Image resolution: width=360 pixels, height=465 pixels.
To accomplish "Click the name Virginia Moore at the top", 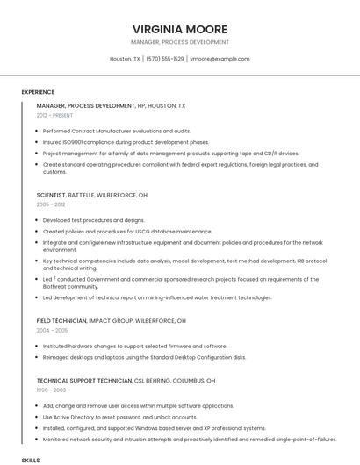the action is tap(179, 29).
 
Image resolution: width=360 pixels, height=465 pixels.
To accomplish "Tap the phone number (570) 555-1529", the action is tap(164, 59).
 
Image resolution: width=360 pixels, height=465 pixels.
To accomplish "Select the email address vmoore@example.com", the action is tap(220, 59).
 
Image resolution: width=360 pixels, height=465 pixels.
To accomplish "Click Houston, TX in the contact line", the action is tap(125, 59).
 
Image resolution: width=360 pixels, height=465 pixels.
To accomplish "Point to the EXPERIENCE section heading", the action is tap(38, 92).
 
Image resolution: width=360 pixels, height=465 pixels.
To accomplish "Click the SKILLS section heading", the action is tap(31, 459).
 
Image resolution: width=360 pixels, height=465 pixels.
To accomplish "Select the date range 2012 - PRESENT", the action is tap(54, 115).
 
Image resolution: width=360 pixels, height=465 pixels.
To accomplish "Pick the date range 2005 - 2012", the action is tap(51, 204).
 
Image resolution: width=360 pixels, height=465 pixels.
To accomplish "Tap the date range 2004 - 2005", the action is tap(52, 331).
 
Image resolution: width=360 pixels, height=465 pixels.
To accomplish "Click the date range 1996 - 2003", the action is tap(51, 390).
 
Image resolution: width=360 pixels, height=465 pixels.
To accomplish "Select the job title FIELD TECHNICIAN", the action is tap(61, 321).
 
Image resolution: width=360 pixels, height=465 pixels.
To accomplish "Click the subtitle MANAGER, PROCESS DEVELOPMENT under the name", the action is tap(179, 41).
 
